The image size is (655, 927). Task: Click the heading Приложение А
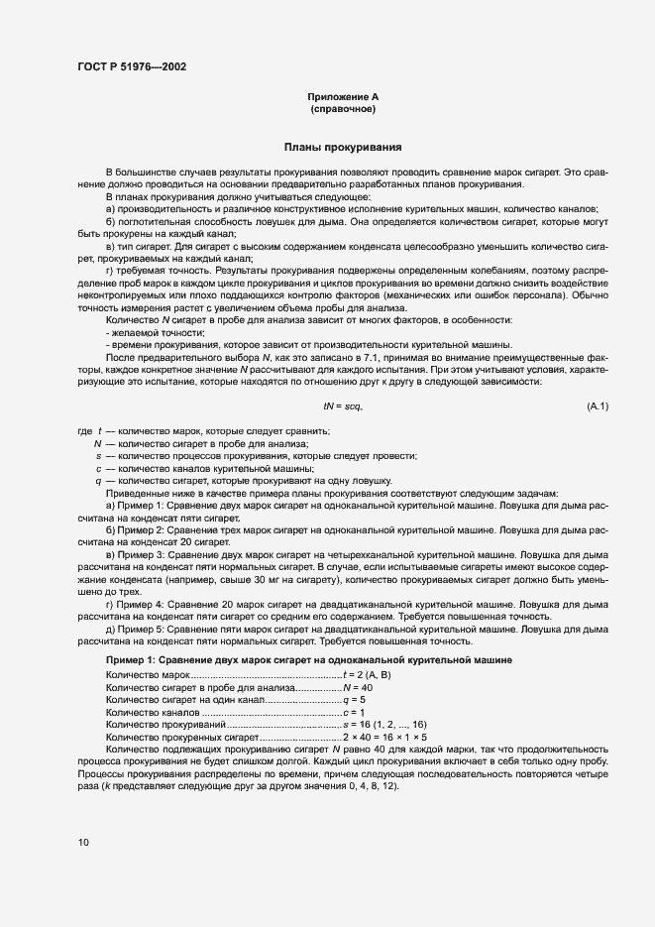click(x=342, y=96)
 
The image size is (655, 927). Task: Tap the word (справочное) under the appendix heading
click(x=342, y=108)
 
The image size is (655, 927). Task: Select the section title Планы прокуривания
click(x=342, y=148)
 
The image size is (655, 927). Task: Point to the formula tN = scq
click(x=343, y=406)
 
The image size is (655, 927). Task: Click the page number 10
click(x=83, y=843)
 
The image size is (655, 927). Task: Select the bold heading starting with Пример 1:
click(x=308, y=659)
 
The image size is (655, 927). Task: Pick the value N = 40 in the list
click(x=358, y=687)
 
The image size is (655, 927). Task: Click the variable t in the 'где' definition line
click(x=99, y=431)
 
